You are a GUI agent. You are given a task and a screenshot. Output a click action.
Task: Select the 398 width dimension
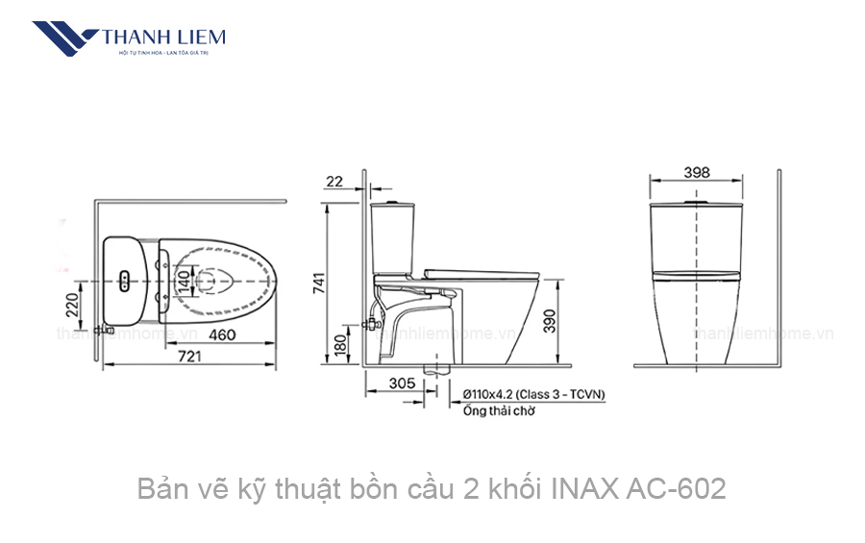coord(698,172)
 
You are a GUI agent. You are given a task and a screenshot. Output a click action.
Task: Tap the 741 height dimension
coord(319,283)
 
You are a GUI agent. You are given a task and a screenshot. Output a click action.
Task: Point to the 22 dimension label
coord(334,181)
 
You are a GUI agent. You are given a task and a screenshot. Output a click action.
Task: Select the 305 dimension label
coord(402,383)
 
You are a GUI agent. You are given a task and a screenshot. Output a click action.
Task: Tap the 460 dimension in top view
coord(222,335)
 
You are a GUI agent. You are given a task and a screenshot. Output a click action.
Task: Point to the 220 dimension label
coord(70,305)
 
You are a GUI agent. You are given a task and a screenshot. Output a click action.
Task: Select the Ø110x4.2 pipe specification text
coord(533,394)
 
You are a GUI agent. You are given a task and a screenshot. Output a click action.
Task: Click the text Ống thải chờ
coord(498,410)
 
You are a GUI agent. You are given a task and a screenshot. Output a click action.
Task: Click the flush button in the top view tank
coord(126,280)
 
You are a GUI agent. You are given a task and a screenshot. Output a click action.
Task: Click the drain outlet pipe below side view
coord(437,369)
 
